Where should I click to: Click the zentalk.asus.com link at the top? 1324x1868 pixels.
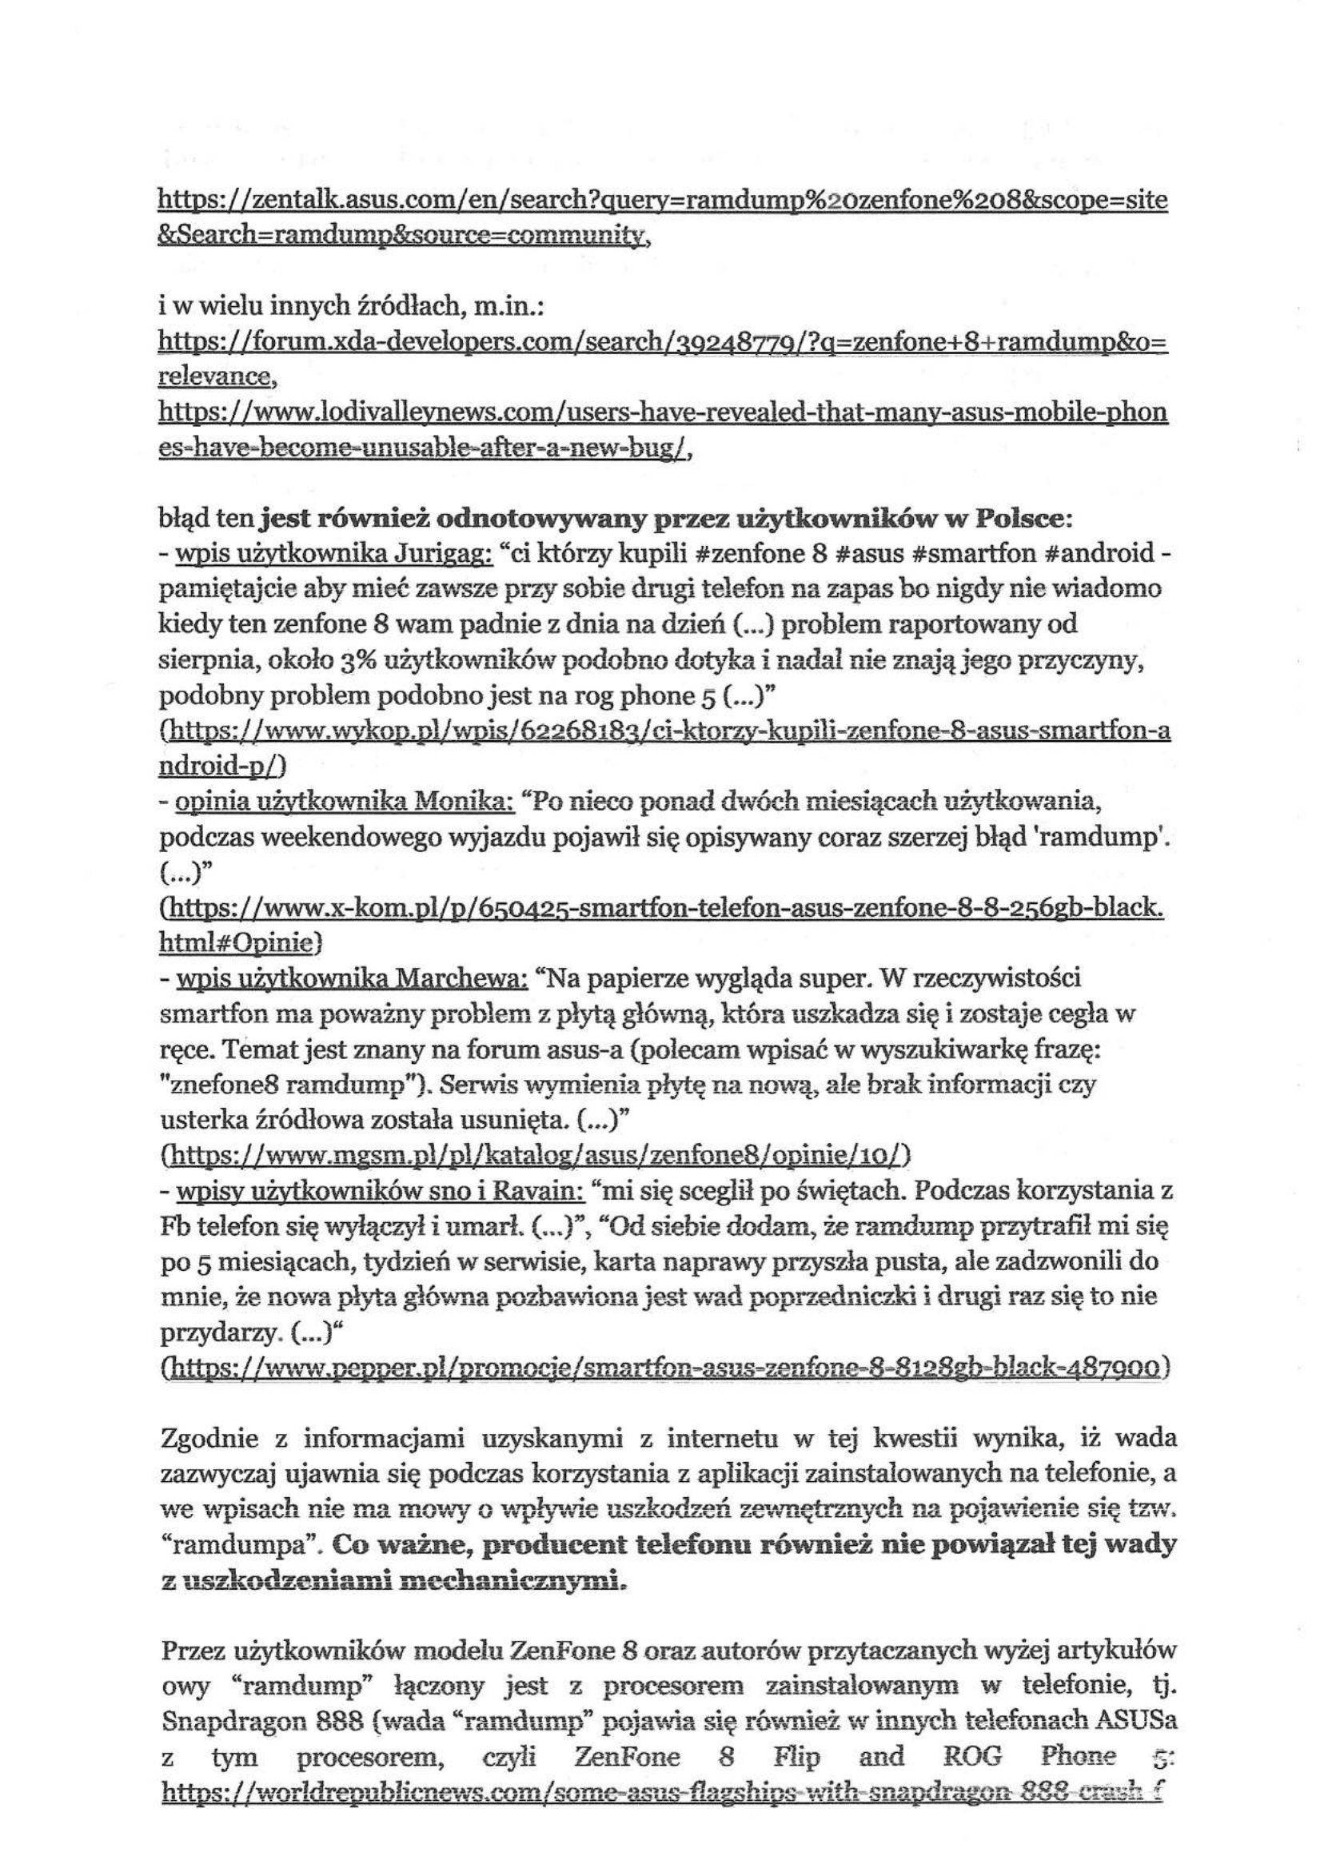point(661,201)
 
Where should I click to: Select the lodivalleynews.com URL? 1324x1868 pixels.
point(661,413)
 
